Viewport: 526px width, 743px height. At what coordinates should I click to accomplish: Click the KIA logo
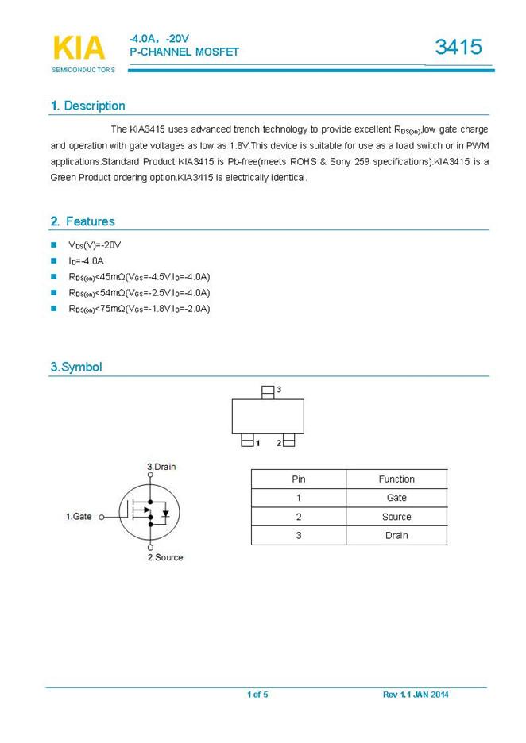point(79,48)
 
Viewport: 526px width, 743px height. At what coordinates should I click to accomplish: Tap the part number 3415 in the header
point(458,47)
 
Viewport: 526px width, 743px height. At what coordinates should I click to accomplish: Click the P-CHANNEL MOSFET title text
point(184,52)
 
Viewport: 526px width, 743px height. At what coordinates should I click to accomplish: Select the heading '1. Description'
point(87,106)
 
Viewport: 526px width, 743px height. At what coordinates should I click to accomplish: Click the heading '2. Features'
point(82,221)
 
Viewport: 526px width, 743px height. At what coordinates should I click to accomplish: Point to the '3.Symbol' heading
point(75,367)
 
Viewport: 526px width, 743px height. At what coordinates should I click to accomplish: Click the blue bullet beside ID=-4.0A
point(54,260)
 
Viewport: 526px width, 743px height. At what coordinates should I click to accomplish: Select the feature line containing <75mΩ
point(139,308)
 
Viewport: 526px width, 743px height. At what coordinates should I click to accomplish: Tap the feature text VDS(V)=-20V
point(95,244)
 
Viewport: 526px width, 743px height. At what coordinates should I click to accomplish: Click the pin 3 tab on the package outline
point(268,391)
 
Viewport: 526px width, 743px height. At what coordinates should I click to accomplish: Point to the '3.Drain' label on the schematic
point(161,466)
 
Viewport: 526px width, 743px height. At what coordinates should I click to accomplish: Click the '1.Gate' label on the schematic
point(79,517)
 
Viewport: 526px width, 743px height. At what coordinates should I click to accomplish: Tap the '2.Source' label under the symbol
point(165,557)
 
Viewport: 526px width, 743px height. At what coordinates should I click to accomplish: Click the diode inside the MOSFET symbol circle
point(164,513)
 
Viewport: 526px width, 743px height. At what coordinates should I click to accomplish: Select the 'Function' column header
point(396,479)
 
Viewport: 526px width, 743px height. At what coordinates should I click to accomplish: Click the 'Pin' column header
point(299,479)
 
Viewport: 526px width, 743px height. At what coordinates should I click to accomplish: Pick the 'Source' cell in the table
point(396,517)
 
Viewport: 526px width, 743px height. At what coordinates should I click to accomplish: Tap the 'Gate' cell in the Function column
point(396,498)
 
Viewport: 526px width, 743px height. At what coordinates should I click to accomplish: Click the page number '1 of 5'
point(257,695)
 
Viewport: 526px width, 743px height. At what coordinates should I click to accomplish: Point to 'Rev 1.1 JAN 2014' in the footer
point(416,695)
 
